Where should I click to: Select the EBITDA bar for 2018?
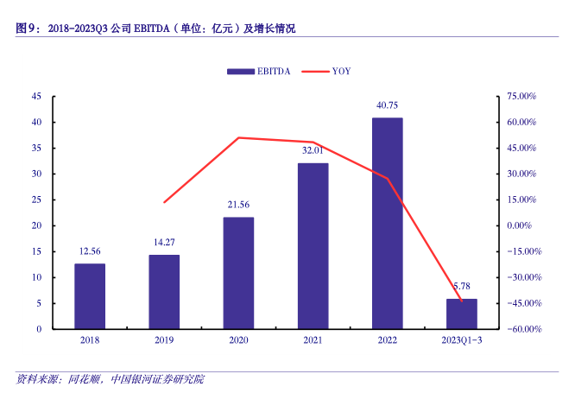coord(90,296)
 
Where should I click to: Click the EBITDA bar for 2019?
coord(164,292)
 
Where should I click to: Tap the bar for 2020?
coord(238,273)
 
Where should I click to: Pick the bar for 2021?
coord(313,246)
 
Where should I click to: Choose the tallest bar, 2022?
coord(387,223)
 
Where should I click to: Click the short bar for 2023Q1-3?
coord(461,314)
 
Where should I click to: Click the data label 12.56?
coord(90,252)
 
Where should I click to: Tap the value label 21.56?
coord(238,206)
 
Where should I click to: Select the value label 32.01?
coord(313,151)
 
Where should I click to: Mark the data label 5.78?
coord(461,287)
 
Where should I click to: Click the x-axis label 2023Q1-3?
coord(461,341)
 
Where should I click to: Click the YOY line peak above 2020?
coord(238,137)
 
